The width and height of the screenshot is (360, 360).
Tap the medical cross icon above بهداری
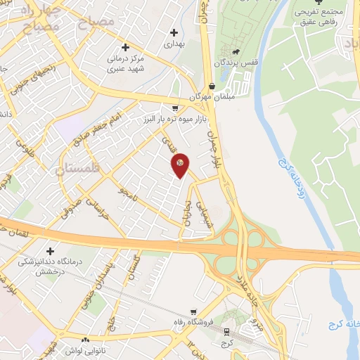pyautogui.click(x=174, y=32)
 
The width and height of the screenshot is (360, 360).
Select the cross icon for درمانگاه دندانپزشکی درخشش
pyautogui.click(x=49, y=251)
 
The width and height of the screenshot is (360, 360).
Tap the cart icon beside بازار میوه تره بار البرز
pyautogui.click(x=174, y=109)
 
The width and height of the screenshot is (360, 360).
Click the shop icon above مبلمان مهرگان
pyautogui.click(x=212, y=86)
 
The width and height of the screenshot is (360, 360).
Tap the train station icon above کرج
pyautogui.click(x=226, y=331)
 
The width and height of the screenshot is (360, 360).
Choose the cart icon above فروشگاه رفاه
pyautogui.click(x=193, y=313)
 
